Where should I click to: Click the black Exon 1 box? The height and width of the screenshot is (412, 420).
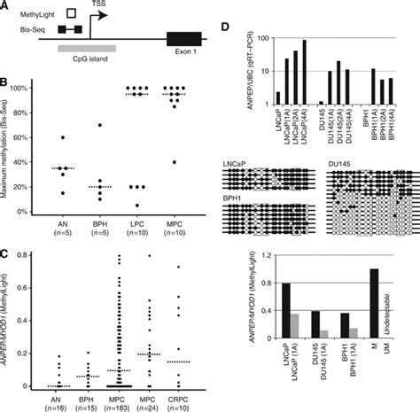tap(183, 39)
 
